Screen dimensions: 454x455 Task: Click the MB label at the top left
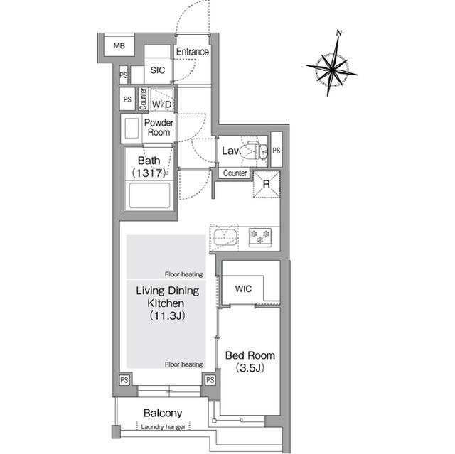[118, 47]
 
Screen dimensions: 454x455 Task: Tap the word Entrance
[192, 52]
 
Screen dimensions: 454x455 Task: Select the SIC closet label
[158, 70]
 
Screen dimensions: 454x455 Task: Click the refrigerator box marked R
[267, 183]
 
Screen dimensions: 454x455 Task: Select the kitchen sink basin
[225, 237]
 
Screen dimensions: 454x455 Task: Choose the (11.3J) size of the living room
[167, 315]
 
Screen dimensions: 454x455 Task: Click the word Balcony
[163, 413]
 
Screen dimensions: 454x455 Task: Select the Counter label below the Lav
[235, 173]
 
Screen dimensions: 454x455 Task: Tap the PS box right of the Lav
[277, 151]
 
